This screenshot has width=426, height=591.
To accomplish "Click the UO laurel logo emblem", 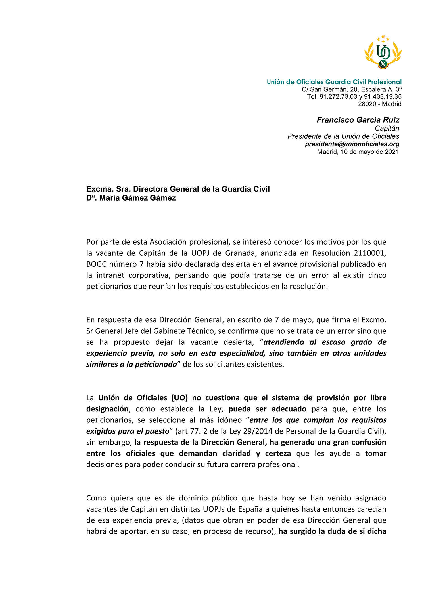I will click(x=383, y=52).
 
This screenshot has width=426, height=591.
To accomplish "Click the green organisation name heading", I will click(x=334, y=82).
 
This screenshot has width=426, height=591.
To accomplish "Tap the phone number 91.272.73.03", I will click(x=338, y=97).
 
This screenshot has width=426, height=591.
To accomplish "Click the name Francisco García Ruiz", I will click(x=358, y=120).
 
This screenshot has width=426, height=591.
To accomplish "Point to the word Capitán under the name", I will click(x=387, y=129).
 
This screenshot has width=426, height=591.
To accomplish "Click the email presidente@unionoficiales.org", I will click(x=352, y=144).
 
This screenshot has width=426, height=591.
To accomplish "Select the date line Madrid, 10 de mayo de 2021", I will click(x=358, y=152).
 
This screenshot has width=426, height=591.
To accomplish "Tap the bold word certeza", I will click(x=278, y=453).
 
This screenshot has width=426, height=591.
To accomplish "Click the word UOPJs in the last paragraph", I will click(x=214, y=509).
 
